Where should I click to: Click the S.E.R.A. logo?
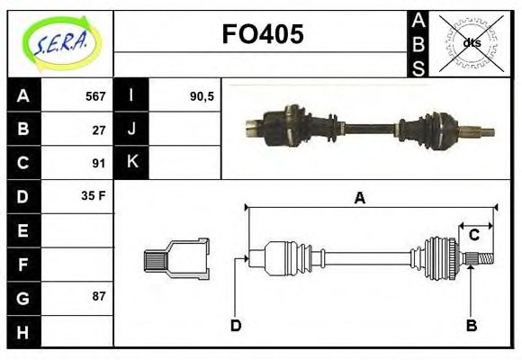pos(59,43)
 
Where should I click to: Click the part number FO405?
pos(263,35)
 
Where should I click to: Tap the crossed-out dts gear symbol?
pos(470,43)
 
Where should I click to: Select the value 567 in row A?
pos(95,96)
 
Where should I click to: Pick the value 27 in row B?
pos(99,130)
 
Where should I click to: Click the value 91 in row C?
pos(99,163)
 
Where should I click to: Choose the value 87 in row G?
pos(99,296)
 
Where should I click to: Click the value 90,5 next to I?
pos(202,96)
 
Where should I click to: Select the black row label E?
pos(22,230)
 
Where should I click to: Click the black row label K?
pos(131,163)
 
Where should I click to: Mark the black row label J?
pos(131,130)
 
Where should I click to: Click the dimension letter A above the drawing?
pos(359,198)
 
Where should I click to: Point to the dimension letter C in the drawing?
pos(473,236)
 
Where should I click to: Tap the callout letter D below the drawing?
pos(236,325)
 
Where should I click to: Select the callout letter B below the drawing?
pos(471,325)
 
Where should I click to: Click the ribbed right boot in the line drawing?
pos(441,258)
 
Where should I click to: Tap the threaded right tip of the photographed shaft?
pos(487,133)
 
